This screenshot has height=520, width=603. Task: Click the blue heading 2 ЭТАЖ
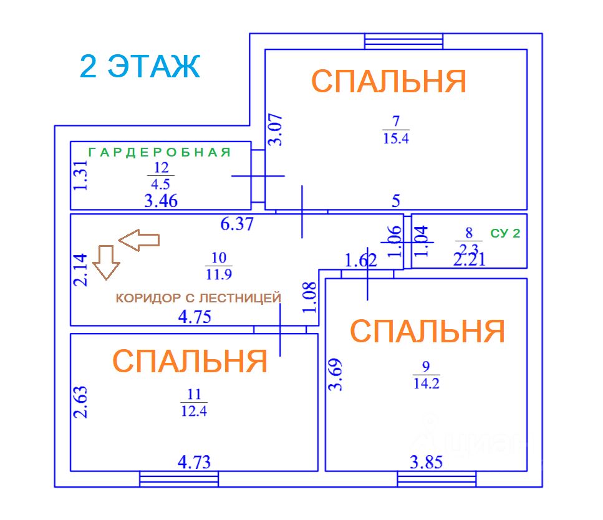coord(140,66)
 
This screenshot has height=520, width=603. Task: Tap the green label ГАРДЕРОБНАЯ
coord(160,152)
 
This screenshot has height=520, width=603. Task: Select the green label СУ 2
coord(506,234)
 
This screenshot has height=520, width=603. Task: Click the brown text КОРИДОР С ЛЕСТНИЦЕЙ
coord(198,298)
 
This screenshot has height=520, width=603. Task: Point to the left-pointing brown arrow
coord(139,239)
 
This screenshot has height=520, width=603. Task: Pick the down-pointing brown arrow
coord(105,261)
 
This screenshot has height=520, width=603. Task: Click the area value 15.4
coord(396,138)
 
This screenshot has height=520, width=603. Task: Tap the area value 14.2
coord(427,383)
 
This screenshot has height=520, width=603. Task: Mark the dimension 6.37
coord(237,223)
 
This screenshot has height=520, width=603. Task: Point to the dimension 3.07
coord(276,130)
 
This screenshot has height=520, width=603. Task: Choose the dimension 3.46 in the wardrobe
coord(161,201)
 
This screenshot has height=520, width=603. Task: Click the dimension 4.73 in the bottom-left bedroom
coord(194,462)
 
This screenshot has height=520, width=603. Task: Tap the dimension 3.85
coord(427,462)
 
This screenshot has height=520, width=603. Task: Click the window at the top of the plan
coord(404,41)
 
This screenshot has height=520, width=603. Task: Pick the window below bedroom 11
coord(179,479)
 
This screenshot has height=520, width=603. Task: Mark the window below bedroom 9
coord(437,479)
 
